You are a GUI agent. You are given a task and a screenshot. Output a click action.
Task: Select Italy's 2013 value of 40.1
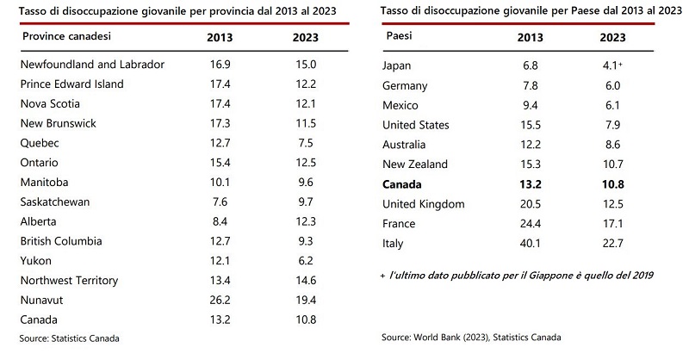pos(530,244)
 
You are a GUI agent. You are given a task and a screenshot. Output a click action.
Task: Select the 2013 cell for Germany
pos(530,85)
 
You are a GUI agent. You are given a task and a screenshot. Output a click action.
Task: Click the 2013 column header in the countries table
pos(530,39)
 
